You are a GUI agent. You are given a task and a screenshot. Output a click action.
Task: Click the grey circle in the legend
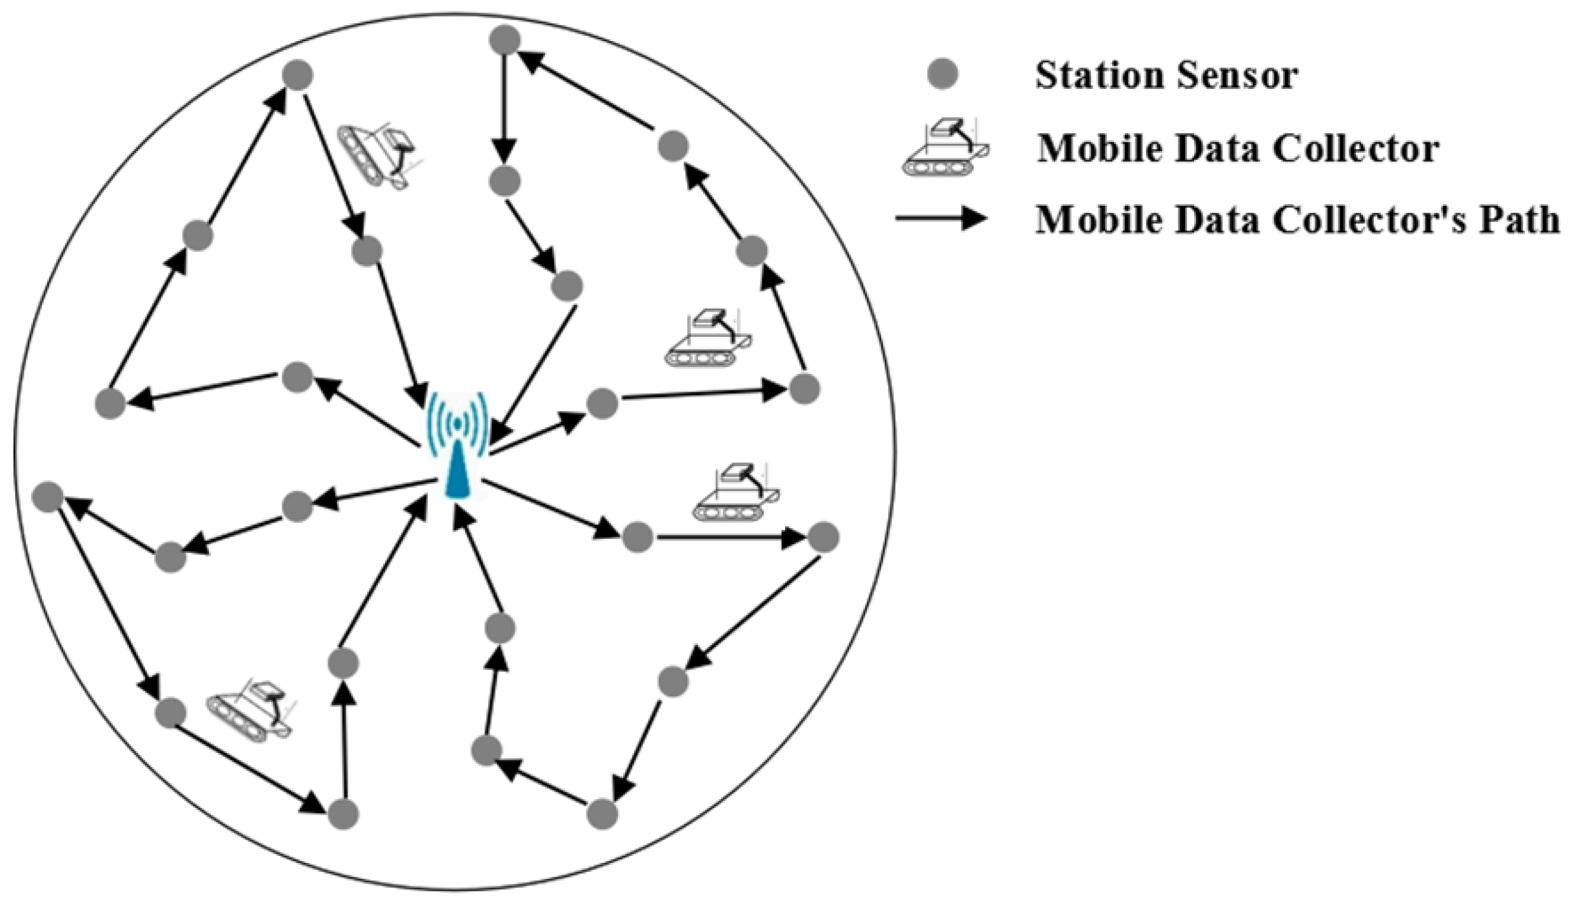[943, 75]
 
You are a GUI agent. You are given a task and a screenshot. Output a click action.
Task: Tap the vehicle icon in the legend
[946, 148]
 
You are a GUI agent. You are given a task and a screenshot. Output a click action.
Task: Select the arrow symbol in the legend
[941, 218]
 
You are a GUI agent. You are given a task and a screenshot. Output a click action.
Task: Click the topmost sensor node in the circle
[504, 41]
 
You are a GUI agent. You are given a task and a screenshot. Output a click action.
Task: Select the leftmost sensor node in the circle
[47, 496]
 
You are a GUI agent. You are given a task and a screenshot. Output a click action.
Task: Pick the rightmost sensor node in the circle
[823, 537]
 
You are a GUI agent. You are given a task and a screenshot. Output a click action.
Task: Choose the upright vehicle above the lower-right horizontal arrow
[736, 492]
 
